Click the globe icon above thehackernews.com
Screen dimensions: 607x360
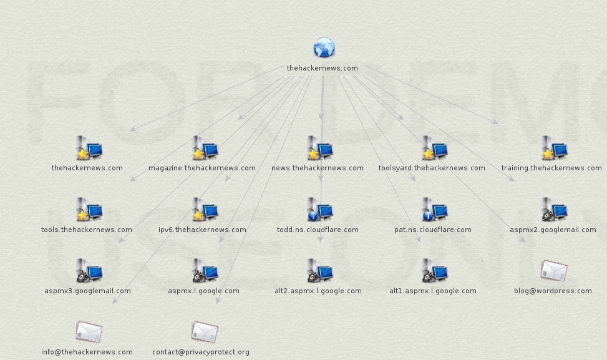[x=324, y=48]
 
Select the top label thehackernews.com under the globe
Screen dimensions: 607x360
[x=323, y=68]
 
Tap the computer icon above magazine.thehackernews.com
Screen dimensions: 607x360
[x=205, y=148]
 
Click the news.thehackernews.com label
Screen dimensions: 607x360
[x=317, y=168]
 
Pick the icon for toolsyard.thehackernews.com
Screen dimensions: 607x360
[x=434, y=148]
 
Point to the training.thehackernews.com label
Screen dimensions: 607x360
[x=551, y=168]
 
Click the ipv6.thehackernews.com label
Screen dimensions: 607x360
[x=202, y=230]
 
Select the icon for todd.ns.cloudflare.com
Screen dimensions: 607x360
[x=319, y=210]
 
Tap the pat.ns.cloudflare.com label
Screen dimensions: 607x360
[x=433, y=230]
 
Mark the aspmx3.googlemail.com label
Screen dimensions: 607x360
[x=87, y=291]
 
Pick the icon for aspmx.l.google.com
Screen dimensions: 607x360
[x=205, y=271]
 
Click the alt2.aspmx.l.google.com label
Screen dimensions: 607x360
[x=318, y=291]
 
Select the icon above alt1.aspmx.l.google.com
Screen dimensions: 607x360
[x=434, y=271]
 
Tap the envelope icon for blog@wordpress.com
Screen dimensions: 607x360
[x=554, y=270]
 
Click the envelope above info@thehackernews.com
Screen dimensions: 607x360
[x=89, y=332]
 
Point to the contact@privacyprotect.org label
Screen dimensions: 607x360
[x=201, y=352]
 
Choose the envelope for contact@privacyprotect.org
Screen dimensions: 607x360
[x=205, y=332]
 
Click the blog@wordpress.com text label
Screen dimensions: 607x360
[x=553, y=291]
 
